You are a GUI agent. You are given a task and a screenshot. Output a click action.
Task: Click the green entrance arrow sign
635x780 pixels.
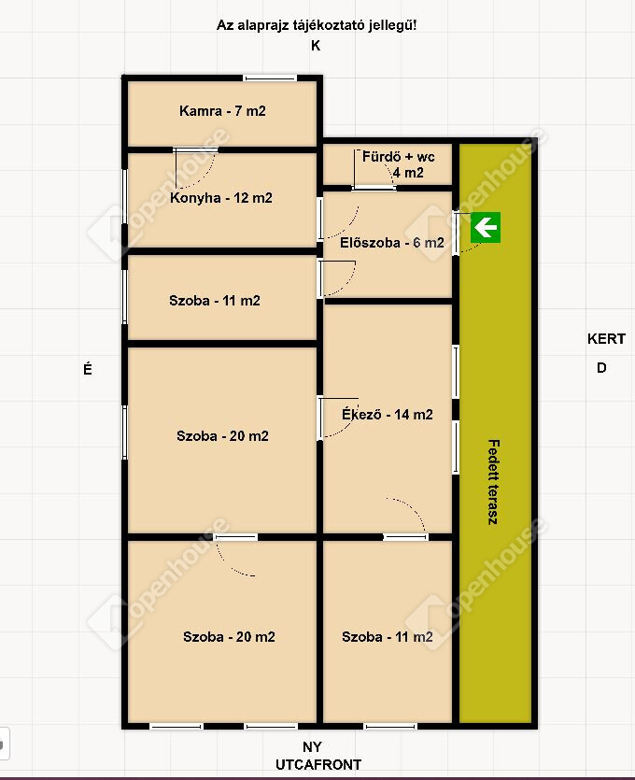[486, 228]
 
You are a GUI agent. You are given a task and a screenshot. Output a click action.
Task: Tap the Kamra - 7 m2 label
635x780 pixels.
[222, 110]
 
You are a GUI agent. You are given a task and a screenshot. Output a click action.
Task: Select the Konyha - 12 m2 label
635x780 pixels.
[220, 197]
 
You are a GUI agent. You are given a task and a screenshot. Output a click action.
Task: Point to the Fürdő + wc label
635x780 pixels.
[399, 157]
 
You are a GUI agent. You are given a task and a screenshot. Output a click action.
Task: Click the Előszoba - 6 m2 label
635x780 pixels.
[392, 242]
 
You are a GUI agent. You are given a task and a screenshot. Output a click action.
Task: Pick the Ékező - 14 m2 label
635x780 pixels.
[388, 414]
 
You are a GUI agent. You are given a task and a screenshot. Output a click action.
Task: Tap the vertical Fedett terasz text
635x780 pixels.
[493, 482]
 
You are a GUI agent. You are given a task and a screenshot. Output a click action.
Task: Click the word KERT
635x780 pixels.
[606, 339]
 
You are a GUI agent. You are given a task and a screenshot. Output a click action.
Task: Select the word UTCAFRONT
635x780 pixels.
[318, 764]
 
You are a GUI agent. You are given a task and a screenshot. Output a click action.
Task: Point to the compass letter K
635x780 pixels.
[316, 46]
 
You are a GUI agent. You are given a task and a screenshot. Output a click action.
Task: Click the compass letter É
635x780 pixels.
[88, 369]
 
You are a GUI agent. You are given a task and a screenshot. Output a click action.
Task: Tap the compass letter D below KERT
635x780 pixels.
[601, 368]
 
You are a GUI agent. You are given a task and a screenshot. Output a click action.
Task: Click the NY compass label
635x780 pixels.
[312, 746]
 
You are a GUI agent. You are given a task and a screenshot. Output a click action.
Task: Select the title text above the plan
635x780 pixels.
[317, 25]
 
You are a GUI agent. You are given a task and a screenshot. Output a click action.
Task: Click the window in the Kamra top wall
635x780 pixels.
[270, 78]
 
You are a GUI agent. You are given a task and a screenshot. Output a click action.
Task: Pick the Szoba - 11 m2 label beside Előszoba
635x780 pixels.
[215, 301]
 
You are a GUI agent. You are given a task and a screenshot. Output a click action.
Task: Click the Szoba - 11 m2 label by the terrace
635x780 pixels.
[388, 637]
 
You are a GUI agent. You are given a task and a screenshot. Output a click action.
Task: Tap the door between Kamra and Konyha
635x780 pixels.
[195, 149]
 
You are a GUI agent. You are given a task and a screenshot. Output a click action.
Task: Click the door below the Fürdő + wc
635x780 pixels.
[374, 188]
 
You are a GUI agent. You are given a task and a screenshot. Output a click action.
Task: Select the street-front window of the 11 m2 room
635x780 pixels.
[390, 727]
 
